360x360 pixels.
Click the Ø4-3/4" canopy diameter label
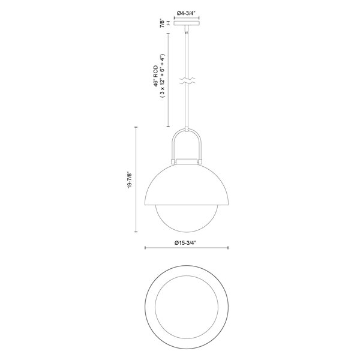tap(188, 10)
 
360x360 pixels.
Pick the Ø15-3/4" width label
tap(187, 242)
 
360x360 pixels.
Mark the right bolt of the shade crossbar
tap(202, 161)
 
